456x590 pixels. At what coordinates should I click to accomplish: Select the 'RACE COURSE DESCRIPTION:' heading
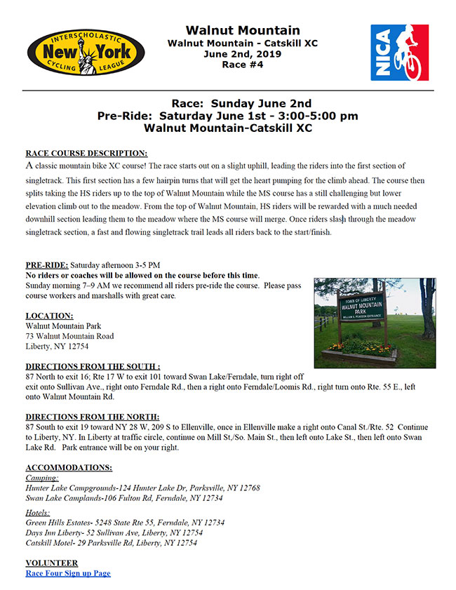tap(86, 153)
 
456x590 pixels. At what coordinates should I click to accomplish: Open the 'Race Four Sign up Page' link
tap(68, 573)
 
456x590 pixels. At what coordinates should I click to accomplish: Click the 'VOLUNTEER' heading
tap(52, 563)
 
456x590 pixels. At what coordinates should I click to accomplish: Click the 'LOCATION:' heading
tap(50, 316)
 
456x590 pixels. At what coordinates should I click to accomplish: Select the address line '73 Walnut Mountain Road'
tap(69, 336)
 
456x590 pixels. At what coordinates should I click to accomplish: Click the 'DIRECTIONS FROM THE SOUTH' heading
tap(93, 366)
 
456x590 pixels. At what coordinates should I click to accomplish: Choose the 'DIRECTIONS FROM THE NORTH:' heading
tap(93, 417)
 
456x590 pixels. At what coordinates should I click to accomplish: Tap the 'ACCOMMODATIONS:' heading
tap(69, 467)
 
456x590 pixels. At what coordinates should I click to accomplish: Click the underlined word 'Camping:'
tap(42, 478)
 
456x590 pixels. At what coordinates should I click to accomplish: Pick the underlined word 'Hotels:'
tap(39, 513)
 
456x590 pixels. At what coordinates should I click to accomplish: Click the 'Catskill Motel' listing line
tap(111, 542)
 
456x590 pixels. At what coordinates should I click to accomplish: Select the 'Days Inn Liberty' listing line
tap(111, 532)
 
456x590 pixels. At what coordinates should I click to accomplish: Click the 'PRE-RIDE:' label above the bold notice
tap(47, 265)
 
